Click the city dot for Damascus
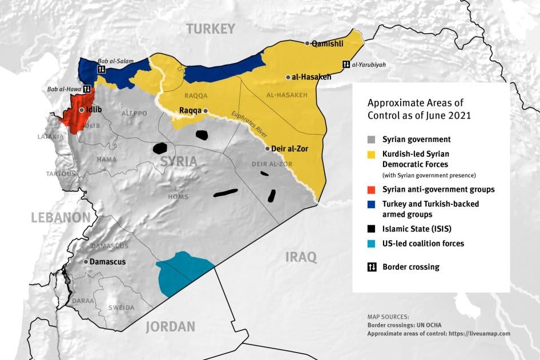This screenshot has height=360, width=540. point(86,261)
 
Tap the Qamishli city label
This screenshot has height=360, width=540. point(328,43)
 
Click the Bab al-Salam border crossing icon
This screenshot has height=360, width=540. point(101,70)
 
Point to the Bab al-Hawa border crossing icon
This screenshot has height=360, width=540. point(87,89)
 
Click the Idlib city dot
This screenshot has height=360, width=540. point(82,110)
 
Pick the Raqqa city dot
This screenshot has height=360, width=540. point(205,111)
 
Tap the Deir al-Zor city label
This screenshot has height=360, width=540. point(291,148)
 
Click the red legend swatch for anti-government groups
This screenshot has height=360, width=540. point(372,189)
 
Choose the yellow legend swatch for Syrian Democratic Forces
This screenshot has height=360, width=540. point(372,155)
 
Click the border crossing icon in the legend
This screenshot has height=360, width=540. point(372,266)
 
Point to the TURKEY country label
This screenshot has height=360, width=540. point(211,29)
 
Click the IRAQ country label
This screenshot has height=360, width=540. point(301,257)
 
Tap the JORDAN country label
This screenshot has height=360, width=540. point(170,326)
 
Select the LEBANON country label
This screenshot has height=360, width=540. point(61,217)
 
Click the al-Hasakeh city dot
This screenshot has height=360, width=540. point(288,77)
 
